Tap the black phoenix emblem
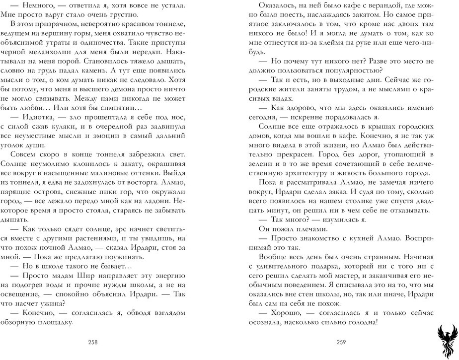point(444,341)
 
